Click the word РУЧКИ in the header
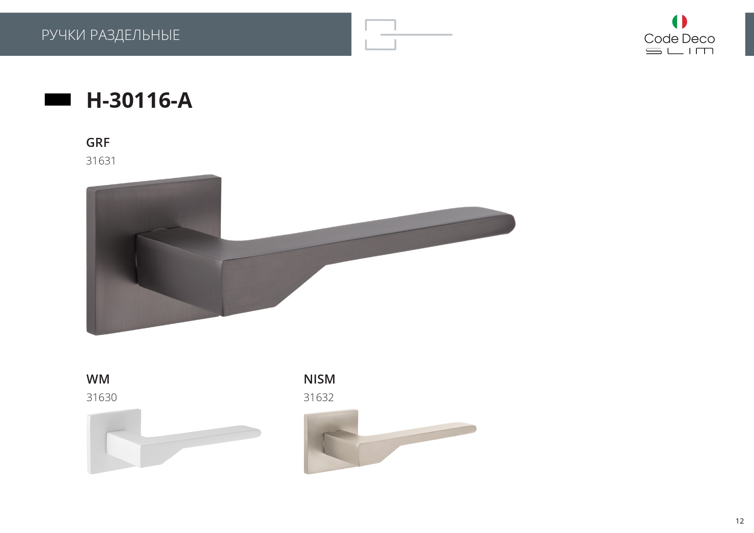[x=64, y=35]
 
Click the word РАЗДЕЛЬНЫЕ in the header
[x=135, y=35]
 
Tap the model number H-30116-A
[x=139, y=100]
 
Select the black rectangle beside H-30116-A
[x=58, y=100]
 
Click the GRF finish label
[x=98, y=143]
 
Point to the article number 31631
[x=101, y=161]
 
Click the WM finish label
[x=98, y=379]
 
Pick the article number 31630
[x=101, y=397]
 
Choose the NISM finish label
[x=319, y=379]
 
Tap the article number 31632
[x=319, y=397]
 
